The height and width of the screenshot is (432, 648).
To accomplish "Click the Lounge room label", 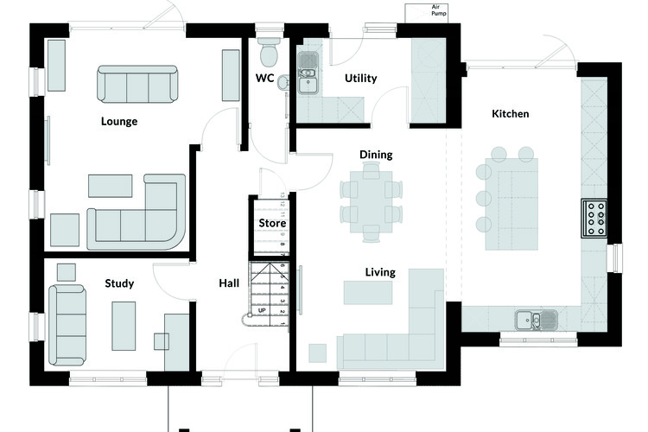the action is [119, 121].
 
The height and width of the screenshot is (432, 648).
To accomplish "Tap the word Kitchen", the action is [510, 114].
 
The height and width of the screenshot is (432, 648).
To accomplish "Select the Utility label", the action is [361, 78].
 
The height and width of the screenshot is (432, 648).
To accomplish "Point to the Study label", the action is [119, 283].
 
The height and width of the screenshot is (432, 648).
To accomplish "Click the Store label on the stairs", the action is [272, 223].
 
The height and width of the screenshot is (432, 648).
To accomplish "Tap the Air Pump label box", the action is [427, 13].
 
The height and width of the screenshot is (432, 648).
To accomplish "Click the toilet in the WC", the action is [269, 52].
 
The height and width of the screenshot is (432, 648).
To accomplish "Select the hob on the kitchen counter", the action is [594, 219].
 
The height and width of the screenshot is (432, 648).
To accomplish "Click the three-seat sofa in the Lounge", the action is [137, 84].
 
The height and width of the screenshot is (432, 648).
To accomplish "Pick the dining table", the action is [372, 201].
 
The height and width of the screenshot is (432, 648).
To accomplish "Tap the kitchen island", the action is [511, 204].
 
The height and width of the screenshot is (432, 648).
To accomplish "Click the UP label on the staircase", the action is [262, 310].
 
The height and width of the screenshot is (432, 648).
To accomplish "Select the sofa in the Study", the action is [67, 326].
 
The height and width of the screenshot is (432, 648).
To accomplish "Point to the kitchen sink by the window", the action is [536, 320].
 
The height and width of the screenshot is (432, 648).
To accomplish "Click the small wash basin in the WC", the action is [283, 82].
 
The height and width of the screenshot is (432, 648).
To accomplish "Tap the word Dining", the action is [376, 155].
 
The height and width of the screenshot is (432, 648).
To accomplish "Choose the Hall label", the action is [229, 283].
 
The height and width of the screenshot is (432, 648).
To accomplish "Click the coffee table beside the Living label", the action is [368, 293].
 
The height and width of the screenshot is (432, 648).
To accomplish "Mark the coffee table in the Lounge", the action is [111, 186].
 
